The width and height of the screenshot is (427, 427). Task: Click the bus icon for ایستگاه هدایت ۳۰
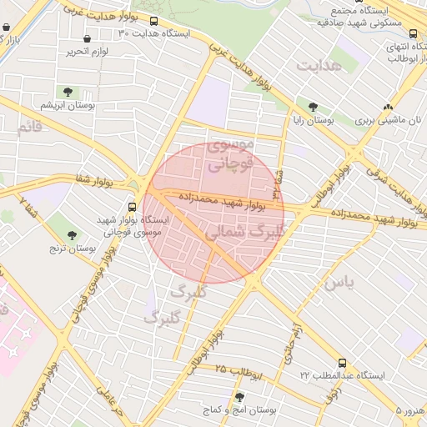click(154, 20)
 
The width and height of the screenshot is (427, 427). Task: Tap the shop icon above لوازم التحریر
click(88, 38)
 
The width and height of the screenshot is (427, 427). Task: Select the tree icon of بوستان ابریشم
click(68, 93)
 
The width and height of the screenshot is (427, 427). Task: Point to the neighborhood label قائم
click(28, 128)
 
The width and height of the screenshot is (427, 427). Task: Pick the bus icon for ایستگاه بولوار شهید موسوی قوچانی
click(133, 207)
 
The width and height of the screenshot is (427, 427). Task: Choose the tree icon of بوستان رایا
click(313, 107)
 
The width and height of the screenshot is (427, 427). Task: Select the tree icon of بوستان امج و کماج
click(240, 397)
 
